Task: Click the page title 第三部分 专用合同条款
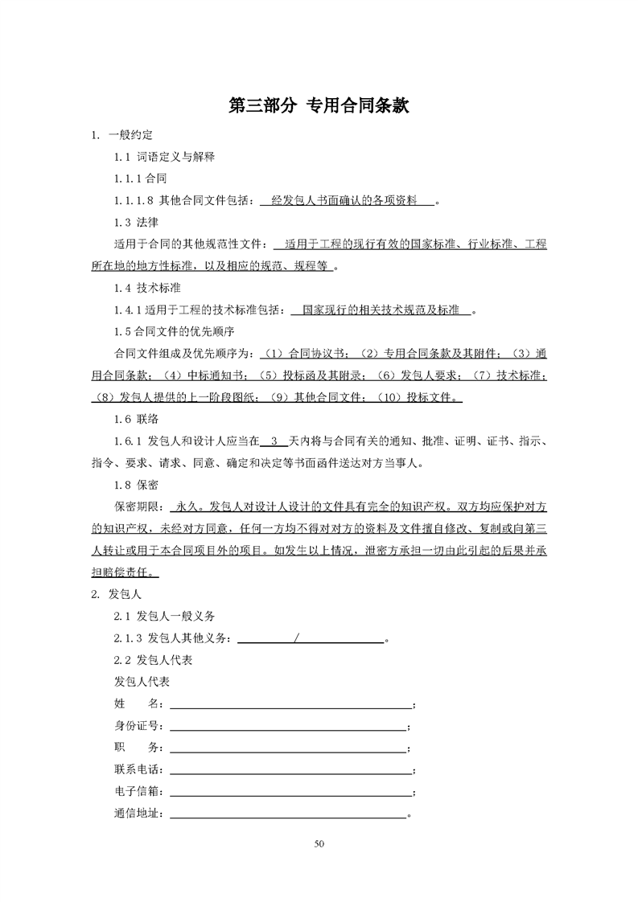pyautogui.click(x=319, y=105)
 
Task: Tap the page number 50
pyautogui.click(x=319, y=843)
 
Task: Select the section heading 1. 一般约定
pyautogui.click(x=122, y=134)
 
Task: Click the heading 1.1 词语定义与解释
pyautogui.click(x=164, y=156)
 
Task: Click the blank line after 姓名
pyautogui.click(x=290, y=705)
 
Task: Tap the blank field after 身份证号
pyautogui.click(x=288, y=727)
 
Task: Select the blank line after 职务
pyautogui.click(x=288, y=748)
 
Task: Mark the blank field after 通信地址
pyautogui.click(x=288, y=814)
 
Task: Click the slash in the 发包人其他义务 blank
pyautogui.click(x=298, y=638)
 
